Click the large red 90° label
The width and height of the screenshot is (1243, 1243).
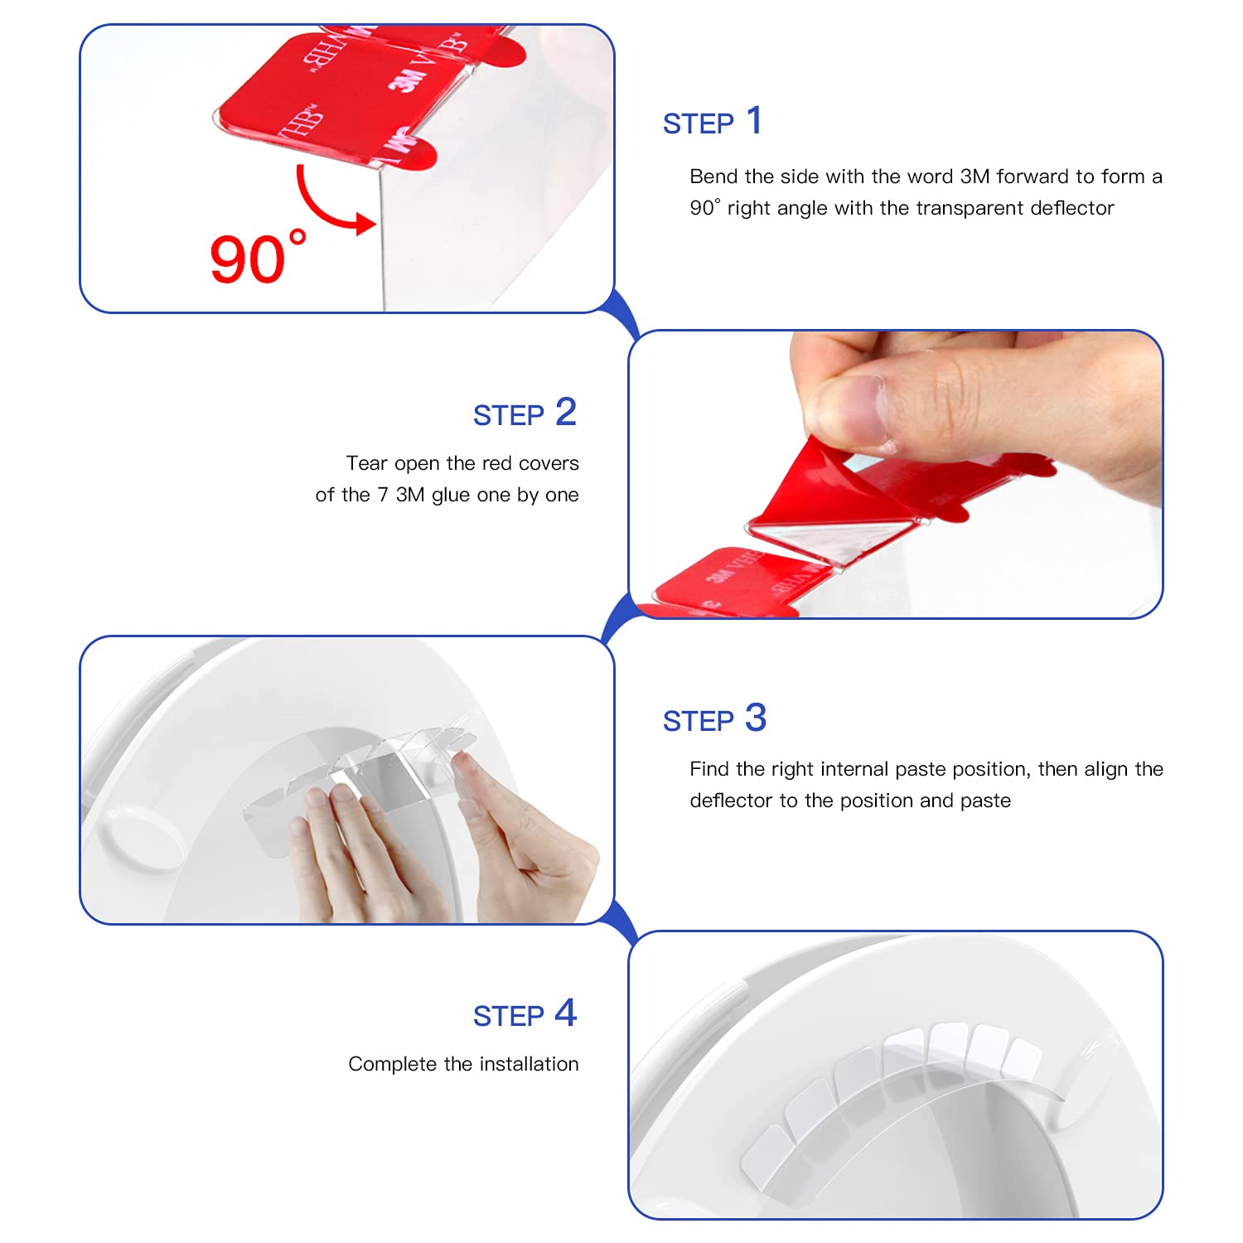coord(258,259)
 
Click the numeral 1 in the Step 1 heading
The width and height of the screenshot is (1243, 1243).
coord(753,121)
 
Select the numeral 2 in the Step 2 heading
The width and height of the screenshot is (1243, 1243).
coord(565,412)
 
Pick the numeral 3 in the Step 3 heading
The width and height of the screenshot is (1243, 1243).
coord(755,718)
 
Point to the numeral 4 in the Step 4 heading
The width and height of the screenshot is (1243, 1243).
coord(565,1013)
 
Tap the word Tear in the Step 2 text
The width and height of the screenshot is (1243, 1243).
coord(366,463)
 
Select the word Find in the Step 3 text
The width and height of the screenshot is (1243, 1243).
coord(709,769)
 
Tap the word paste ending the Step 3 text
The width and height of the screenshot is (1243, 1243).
coord(985,800)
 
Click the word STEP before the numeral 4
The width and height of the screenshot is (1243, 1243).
coord(508,1016)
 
